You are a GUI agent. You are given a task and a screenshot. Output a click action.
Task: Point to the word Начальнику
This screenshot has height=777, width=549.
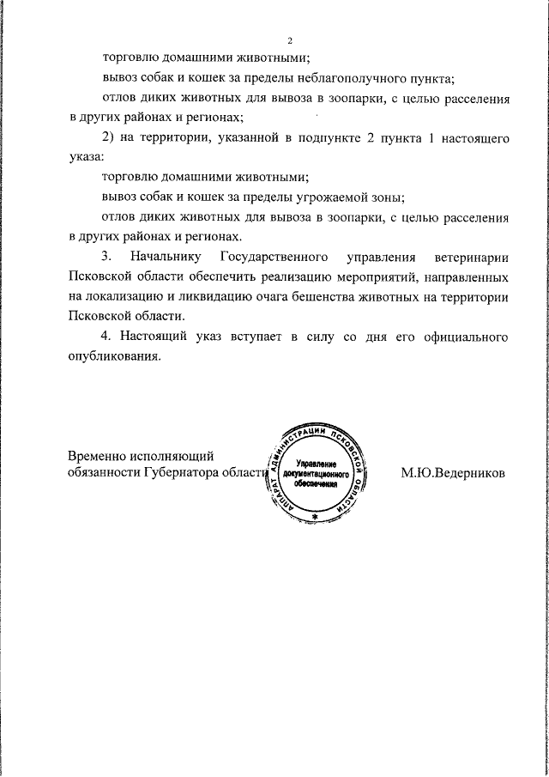[165, 257]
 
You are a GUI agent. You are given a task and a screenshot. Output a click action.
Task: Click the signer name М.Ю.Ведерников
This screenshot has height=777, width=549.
[453, 472]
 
